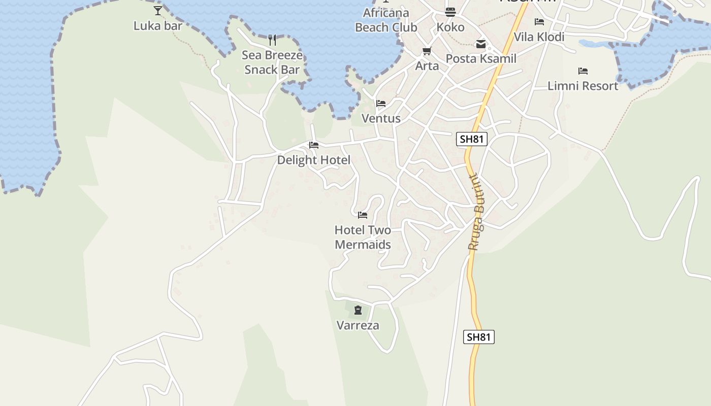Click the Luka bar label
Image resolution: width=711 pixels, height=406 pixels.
tap(157, 25)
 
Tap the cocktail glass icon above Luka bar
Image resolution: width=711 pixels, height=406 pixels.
tap(158, 10)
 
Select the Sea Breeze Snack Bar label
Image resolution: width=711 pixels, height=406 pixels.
tap(272, 62)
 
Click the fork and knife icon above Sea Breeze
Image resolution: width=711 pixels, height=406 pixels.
tap(272, 40)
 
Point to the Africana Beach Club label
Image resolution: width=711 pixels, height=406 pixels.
tap(386, 20)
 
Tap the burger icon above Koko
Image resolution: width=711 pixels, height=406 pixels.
tap(450, 12)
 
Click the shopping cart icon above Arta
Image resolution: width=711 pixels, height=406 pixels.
tap(427, 51)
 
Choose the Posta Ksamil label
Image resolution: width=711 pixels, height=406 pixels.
tap(481, 58)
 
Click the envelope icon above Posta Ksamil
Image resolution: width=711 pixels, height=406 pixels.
tap(481, 44)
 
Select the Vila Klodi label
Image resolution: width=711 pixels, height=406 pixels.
tap(539, 37)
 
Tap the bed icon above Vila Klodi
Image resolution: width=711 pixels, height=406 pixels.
tap(539, 22)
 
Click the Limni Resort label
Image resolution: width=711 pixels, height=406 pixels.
tap(583, 86)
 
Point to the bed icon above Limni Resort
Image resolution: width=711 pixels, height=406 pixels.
tap(583, 71)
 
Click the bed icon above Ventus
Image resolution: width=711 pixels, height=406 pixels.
tap(381, 104)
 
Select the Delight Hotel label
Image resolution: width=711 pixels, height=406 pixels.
tap(313, 160)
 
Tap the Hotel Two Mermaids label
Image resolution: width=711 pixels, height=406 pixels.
tap(363, 237)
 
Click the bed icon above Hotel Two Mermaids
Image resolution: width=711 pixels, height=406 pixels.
tap(363, 215)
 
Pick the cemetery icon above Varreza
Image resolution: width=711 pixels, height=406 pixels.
tap(358, 310)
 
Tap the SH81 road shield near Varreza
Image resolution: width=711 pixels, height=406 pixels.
tap(478, 337)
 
